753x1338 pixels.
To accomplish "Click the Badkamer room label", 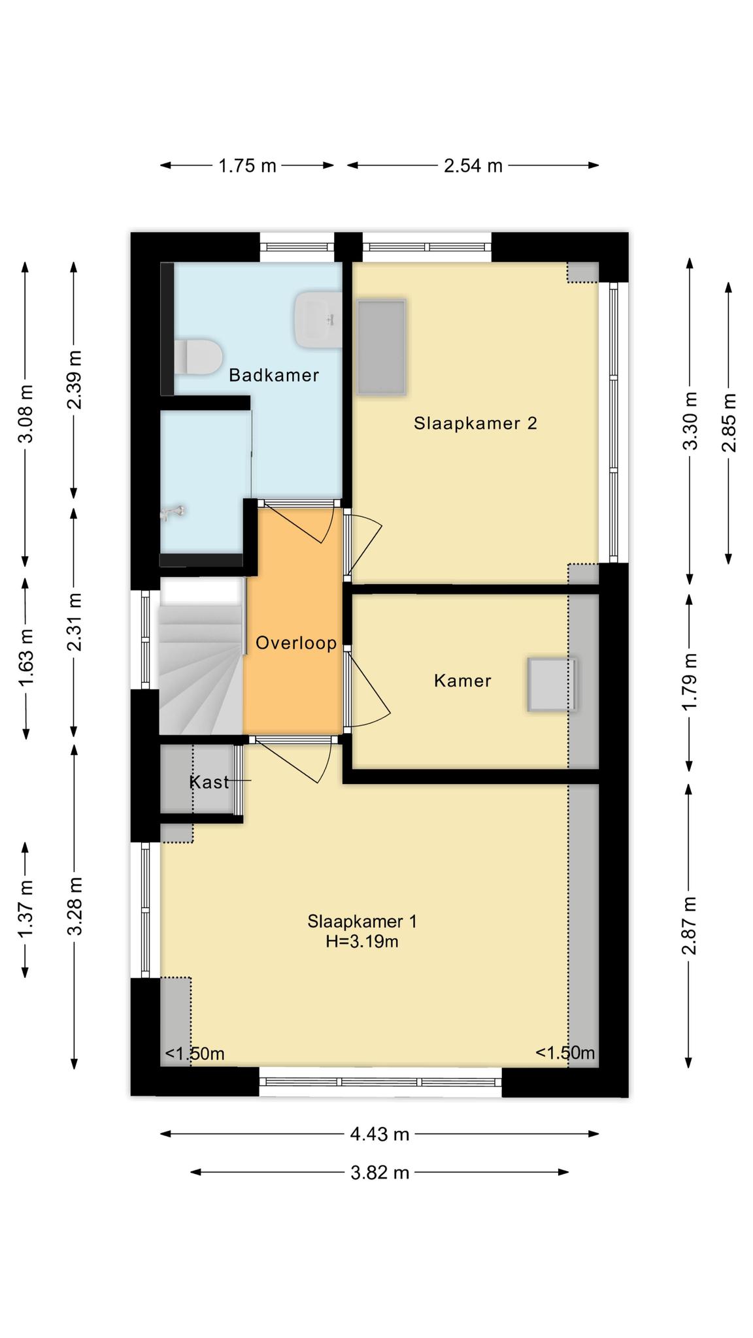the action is [x=274, y=376].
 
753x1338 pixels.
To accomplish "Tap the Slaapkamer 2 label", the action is [x=475, y=424].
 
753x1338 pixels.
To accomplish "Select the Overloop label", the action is [x=296, y=644].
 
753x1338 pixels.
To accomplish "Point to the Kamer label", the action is [x=462, y=681].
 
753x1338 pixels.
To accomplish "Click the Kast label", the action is [x=209, y=782].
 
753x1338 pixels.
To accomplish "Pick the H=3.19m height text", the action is [x=362, y=941].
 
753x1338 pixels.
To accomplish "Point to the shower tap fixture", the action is [x=173, y=513].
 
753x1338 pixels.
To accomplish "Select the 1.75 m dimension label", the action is [x=247, y=166].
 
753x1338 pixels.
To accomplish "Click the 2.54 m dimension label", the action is [x=473, y=166].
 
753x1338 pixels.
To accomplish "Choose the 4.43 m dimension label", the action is [x=380, y=1134].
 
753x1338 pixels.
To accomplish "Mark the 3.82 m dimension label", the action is [x=380, y=1173].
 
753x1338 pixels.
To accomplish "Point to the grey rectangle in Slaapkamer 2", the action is [x=381, y=347].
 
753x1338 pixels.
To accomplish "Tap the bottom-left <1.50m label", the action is [x=195, y=1054].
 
